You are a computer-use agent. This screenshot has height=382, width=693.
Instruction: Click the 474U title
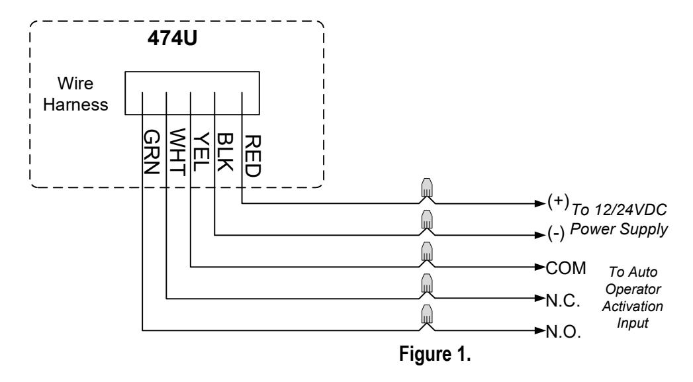172,38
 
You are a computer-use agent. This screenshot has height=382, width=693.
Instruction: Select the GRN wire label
151,152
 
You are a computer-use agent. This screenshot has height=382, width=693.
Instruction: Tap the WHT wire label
176,152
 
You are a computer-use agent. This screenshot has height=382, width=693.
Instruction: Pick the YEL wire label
200,152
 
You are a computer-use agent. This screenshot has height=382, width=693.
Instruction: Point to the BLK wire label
224,152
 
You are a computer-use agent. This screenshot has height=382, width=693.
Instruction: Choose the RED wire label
253,156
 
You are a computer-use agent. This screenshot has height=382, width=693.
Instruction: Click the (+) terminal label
558,201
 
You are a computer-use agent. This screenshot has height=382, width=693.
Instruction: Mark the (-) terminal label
556,234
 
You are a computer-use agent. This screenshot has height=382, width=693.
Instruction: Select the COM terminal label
566,268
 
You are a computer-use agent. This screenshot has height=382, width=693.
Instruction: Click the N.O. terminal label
563,332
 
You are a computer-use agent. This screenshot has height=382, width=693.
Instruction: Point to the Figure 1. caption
435,354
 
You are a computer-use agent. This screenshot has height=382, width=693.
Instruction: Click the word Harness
75,105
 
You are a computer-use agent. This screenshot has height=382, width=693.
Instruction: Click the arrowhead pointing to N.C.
540,299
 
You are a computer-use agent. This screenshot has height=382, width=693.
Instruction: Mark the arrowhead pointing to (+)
540,203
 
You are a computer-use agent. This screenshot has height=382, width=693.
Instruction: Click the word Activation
633,306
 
